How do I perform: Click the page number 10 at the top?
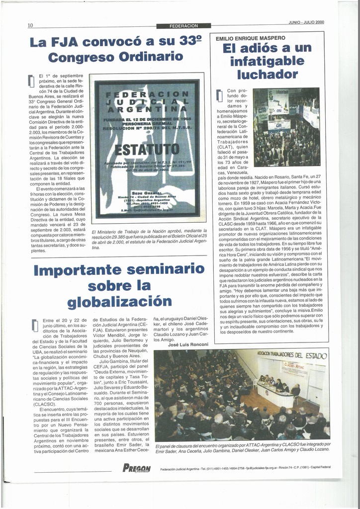coord(30,25)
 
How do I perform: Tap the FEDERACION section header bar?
coord(183,25)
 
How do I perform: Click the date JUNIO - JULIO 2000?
coord(306,22)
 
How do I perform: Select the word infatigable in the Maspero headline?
coord(268,61)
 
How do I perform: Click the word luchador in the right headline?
coord(268,75)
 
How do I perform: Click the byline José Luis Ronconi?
coord(188,344)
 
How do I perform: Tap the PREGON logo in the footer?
coord(136,467)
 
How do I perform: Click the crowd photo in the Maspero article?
coord(286,127)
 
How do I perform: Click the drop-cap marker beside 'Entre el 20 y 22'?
coord(35,325)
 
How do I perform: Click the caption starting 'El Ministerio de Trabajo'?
coord(149,239)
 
